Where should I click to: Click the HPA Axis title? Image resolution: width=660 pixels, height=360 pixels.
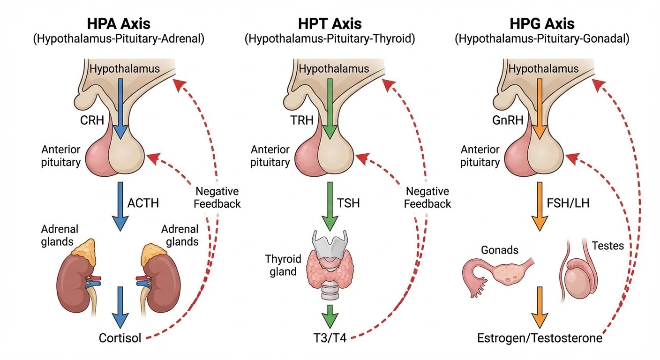119,24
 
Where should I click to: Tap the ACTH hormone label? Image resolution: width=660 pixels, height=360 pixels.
143,203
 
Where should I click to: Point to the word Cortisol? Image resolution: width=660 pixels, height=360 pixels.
120,338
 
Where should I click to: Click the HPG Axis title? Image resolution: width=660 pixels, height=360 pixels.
541,24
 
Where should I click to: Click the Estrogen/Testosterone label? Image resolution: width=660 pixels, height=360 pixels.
540,338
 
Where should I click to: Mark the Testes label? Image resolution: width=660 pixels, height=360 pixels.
607,245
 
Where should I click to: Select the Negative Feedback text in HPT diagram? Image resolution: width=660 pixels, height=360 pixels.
427,197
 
